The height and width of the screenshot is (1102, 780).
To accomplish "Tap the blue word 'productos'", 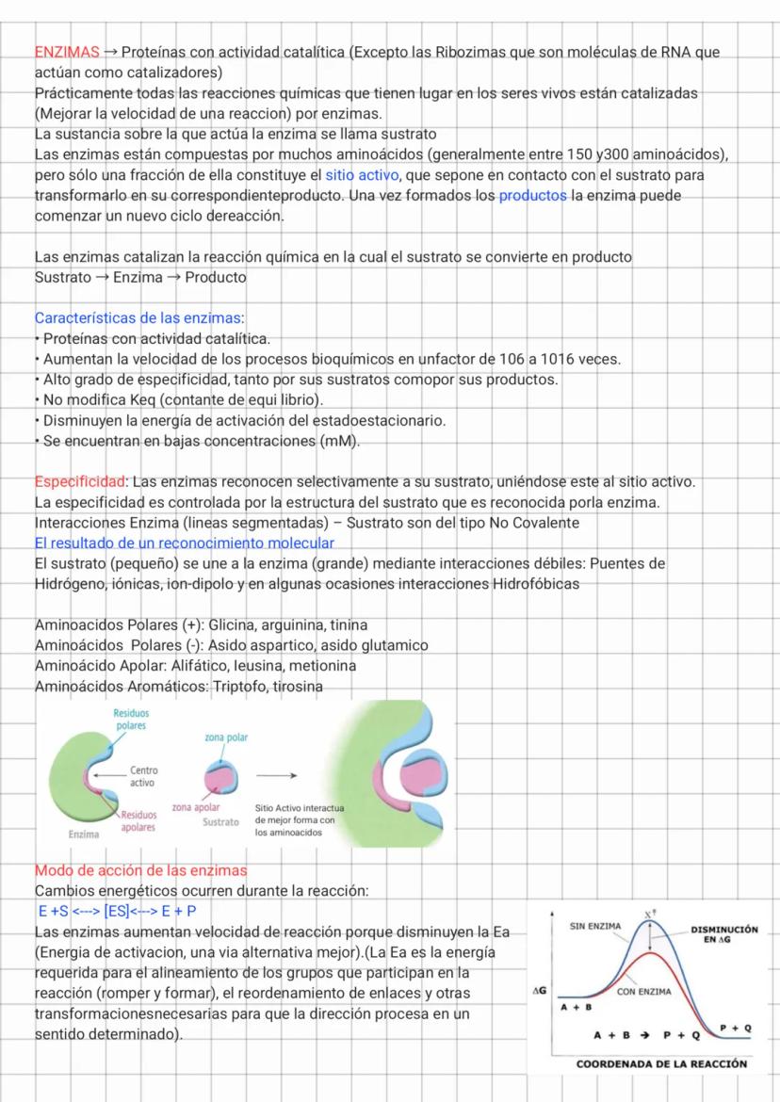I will [x=532, y=196].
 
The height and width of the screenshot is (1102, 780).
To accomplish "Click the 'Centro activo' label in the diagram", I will [x=142, y=776].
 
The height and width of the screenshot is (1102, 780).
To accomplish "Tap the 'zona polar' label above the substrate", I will [x=226, y=737].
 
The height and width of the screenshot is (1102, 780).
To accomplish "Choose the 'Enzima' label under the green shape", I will [x=84, y=835].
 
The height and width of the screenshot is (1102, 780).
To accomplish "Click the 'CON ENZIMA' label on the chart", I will [x=642, y=991].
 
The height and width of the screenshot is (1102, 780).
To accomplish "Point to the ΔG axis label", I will [x=541, y=992].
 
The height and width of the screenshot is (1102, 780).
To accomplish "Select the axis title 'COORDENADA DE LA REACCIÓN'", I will [x=661, y=1063].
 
